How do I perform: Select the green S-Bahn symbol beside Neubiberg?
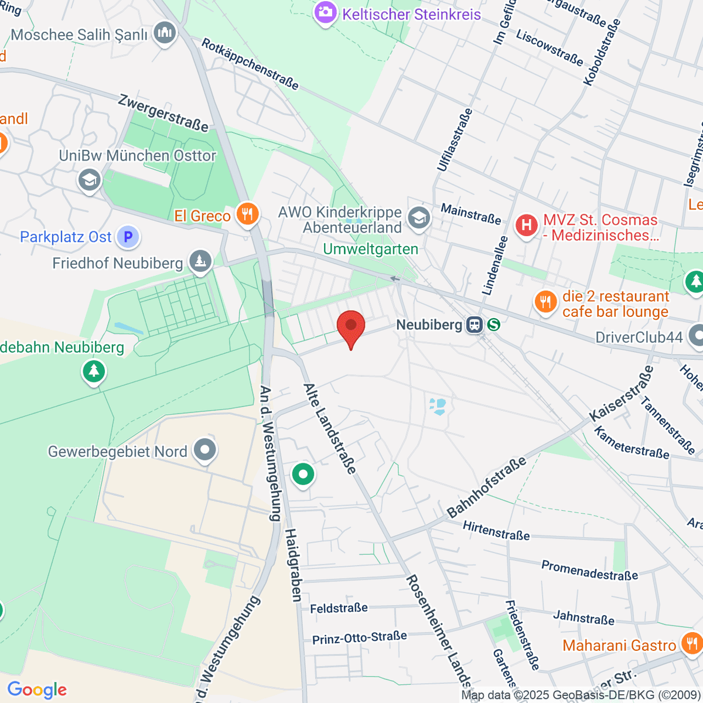point(494,325)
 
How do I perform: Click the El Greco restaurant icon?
point(247,214)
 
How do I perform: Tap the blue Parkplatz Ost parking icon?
point(128,237)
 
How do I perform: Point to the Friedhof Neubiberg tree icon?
point(200,262)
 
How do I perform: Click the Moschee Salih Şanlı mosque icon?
point(165,34)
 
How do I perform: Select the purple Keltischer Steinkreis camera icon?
point(325,13)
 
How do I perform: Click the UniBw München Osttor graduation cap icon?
point(89,180)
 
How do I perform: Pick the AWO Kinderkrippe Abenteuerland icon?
point(419,219)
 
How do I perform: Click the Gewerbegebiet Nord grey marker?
point(205,451)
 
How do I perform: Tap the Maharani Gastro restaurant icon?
point(691,644)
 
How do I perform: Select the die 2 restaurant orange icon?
point(546,302)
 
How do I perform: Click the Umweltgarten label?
point(371,250)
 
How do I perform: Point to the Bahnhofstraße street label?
point(486,488)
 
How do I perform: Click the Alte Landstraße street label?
point(329,428)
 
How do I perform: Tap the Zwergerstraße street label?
point(163,112)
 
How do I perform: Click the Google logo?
point(37,690)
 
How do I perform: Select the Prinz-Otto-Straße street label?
point(359,637)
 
